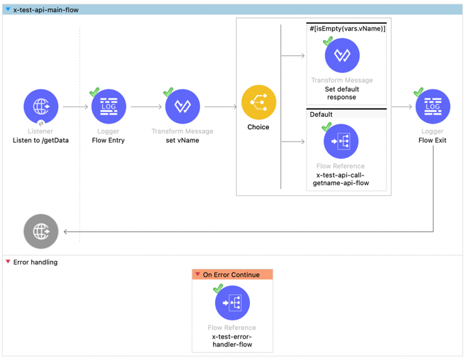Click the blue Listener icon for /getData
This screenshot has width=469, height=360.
pyautogui.click(x=41, y=107)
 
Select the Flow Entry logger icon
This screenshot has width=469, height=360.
pyautogui.click(x=109, y=107)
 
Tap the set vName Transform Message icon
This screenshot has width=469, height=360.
pyautogui.click(x=182, y=107)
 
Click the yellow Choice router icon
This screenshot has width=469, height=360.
pyautogui.click(x=259, y=102)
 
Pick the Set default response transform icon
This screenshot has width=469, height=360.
pyautogui.click(x=342, y=55)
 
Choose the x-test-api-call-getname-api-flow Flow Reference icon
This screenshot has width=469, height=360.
pyautogui.click(x=341, y=141)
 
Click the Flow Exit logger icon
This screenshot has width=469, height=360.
pyautogui.click(x=433, y=107)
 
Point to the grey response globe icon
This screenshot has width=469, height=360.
pyautogui.click(x=41, y=232)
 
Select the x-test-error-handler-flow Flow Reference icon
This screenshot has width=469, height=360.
pyautogui.click(x=232, y=303)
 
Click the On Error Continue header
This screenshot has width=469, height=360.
pyautogui.click(x=232, y=275)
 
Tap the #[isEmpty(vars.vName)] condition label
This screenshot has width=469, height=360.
pyautogui.click(x=347, y=29)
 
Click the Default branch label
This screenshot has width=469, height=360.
pyautogui.click(x=321, y=115)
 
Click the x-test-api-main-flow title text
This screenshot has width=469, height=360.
pyautogui.click(x=46, y=10)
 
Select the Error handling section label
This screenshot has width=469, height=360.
pyautogui.click(x=35, y=262)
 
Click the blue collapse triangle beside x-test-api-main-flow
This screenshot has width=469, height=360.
pyautogui.click(x=8, y=10)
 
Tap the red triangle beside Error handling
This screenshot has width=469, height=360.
pyautogui.click(x=8, y=262)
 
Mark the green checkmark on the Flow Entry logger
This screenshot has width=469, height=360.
pyautogui.click(x=94, y=92)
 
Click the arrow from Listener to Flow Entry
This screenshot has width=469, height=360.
pyautogui.click(x=75, y=107)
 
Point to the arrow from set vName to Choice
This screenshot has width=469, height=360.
pyautogui.click(x=221, y=107)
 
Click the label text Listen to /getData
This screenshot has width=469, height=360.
pyautogui.click(x=41, y=140)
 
